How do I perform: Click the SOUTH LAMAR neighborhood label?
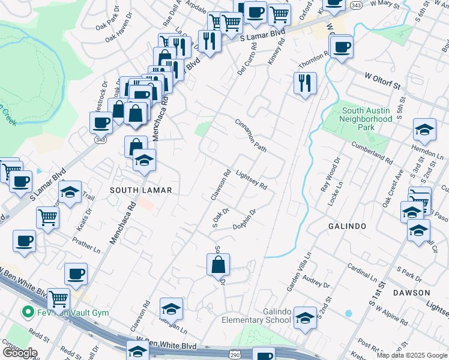(x=140, y=190)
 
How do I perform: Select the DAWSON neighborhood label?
(x=411, y=293)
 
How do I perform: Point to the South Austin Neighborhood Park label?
(x=367, y=119)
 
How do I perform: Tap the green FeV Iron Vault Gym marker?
(x=26, y=312)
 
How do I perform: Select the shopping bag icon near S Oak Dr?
(x=218, y=264)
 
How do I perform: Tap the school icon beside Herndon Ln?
(x=424, y=130)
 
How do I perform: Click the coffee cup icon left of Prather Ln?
(x=24, y=241)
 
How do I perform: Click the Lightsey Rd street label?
(x=252, y=178)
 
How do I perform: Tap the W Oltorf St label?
(x=382, y=81)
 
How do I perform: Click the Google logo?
(x=19, y=353)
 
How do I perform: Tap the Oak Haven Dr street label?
(x=118, y=36)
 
